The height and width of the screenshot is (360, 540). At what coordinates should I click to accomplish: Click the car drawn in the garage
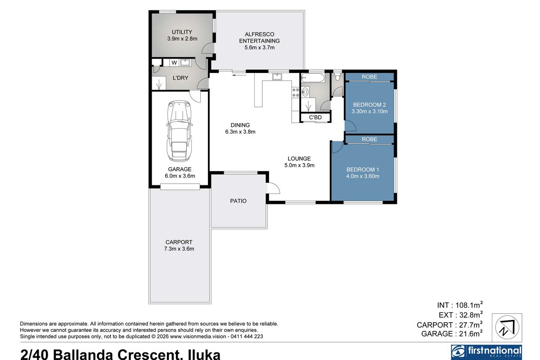(x=179, y=130)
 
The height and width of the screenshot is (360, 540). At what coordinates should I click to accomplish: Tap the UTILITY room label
(x=182, y=32)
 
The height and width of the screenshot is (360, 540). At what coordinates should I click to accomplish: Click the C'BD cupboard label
(x=315, y=118)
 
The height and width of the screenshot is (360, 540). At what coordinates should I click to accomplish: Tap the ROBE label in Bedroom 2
(x=369, y=77)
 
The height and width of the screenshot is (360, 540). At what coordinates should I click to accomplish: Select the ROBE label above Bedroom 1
(x=369, y=139)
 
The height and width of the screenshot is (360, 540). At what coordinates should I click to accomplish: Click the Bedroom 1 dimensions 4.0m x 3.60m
(x=363, y=176)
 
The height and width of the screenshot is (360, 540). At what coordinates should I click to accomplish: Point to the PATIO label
(x=238, y=201)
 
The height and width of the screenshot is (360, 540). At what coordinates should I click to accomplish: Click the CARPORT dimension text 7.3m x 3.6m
(x=179, y=248)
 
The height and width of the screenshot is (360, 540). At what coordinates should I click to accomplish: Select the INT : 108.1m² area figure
(x=459, y=304)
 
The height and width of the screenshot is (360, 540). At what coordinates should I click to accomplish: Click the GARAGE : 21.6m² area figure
(x=452, y=333)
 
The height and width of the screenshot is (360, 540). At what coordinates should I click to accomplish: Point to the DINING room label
(x=240, y=125)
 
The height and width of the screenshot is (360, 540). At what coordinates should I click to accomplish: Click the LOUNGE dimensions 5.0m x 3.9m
(x=299, y=165)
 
